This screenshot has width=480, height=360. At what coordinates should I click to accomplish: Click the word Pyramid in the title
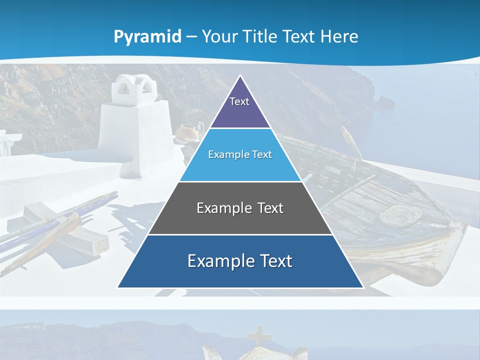click(147, 36)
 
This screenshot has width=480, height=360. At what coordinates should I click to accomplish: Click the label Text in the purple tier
click(239, 101)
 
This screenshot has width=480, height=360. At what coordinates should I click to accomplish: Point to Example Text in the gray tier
click(240, 208)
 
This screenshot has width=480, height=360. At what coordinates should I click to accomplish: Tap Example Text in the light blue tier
click(240, 154)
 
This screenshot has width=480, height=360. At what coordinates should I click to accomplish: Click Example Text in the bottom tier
click(240, 261)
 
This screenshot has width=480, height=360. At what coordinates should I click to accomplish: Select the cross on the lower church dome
click(258, 335)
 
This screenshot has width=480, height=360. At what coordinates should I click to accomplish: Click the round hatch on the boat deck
click(400, 214)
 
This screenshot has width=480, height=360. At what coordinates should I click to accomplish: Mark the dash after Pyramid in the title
click(191, 37)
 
